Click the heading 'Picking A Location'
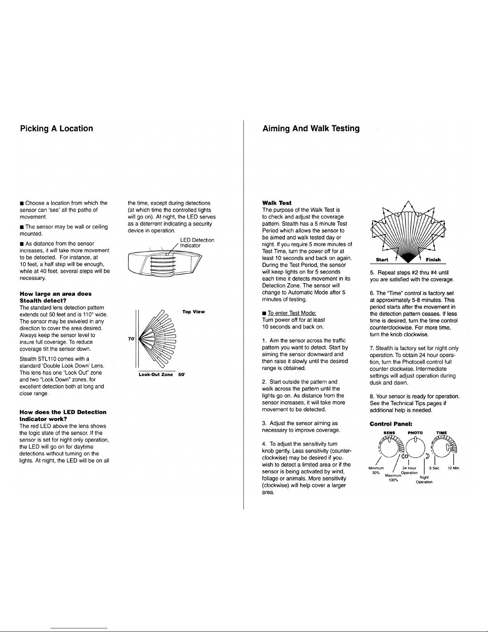pos(57,128)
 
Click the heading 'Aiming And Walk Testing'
pos(311,128)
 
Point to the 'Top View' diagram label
pos(194,311)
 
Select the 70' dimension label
pos(130,339)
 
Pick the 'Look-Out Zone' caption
pos(156,375)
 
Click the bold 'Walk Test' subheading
pos(277,203)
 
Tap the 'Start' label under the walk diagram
pos(382,260)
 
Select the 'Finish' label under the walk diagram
pos(433,260)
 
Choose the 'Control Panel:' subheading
pos(388,424)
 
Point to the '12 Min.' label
pos(453,468)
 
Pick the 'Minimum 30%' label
pos(376,470)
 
